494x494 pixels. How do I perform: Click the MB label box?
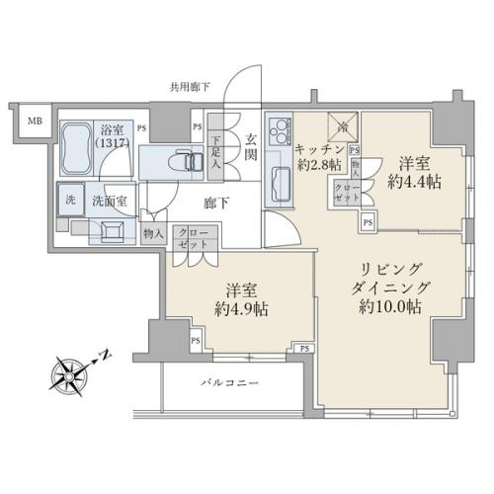34,122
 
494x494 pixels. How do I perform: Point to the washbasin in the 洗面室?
112,230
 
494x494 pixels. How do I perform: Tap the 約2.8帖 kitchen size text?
319,164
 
